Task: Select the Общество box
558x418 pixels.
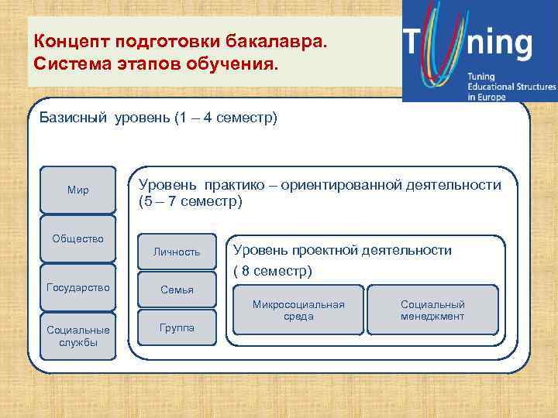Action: (x=77, y=238)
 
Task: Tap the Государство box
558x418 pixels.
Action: (x=77, y=287)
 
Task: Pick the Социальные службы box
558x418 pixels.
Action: (x=77, y=336)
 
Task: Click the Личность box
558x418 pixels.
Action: (x=177, y=252)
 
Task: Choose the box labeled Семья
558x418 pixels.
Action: (x=177, y=290)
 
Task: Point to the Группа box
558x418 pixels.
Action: (x=177, y=327)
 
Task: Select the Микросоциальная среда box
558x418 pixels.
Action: (x=298, y=310)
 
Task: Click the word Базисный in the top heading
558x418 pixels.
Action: (x=74, y=119)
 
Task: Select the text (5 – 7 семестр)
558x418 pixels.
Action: (x=190, y=202)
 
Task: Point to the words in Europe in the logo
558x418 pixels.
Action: (x=486, y=98)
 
